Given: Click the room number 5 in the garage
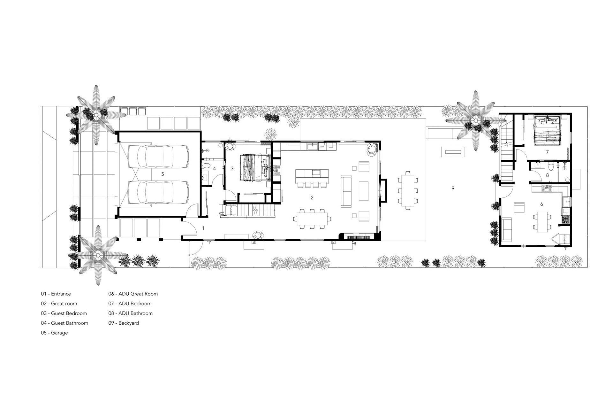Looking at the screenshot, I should point(163,174).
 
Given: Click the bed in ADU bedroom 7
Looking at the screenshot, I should point(547,130).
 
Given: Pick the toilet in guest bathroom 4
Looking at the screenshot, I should point(206,166).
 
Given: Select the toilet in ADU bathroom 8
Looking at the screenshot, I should point(550,167).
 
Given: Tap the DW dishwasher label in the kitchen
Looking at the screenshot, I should point(322,146).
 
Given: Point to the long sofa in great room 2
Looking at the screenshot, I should point(346,191).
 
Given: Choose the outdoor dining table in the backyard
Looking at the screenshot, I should point(407,191).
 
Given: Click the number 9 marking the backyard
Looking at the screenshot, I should point(453,189).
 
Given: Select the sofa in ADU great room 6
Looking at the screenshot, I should point(507,229).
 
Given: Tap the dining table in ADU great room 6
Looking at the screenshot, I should point(542,221).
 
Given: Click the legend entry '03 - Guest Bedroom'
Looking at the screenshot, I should point(64,313).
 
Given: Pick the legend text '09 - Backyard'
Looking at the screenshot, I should point(124,323).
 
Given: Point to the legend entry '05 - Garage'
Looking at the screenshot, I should point(54,333).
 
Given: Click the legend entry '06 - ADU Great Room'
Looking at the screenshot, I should point(133,294).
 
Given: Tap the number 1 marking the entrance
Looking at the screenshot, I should point(203,228).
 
